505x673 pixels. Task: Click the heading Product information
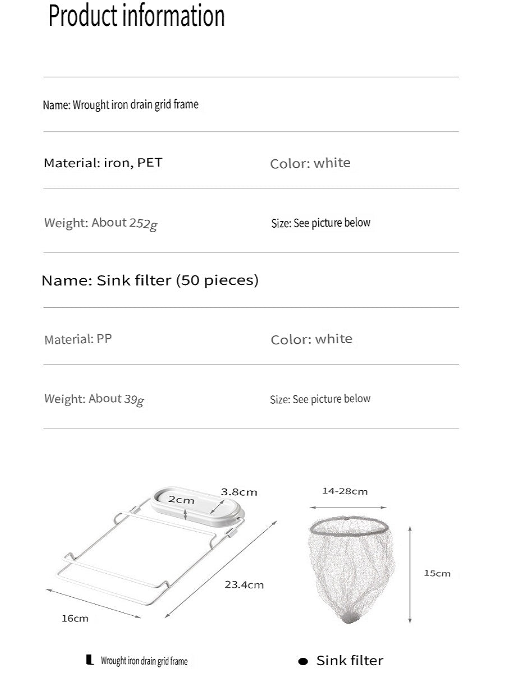point(136,16)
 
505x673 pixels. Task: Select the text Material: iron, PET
point(103,163)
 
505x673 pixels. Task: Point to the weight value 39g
point(134,399)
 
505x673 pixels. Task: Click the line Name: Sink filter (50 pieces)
point(150,280)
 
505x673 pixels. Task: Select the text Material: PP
point(78,339)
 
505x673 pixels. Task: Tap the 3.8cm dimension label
point(239,492)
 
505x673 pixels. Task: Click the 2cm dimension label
point(181,499)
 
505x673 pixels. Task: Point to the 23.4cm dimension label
point(244,584)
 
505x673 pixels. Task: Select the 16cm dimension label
point(75,619)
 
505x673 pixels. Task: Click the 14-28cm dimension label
point(345,491)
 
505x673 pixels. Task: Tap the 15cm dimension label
point(437,573)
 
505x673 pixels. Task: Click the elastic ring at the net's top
point(350,526)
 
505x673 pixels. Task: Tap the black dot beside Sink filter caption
point(303,661)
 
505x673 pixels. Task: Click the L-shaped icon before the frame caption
point(90,661)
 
